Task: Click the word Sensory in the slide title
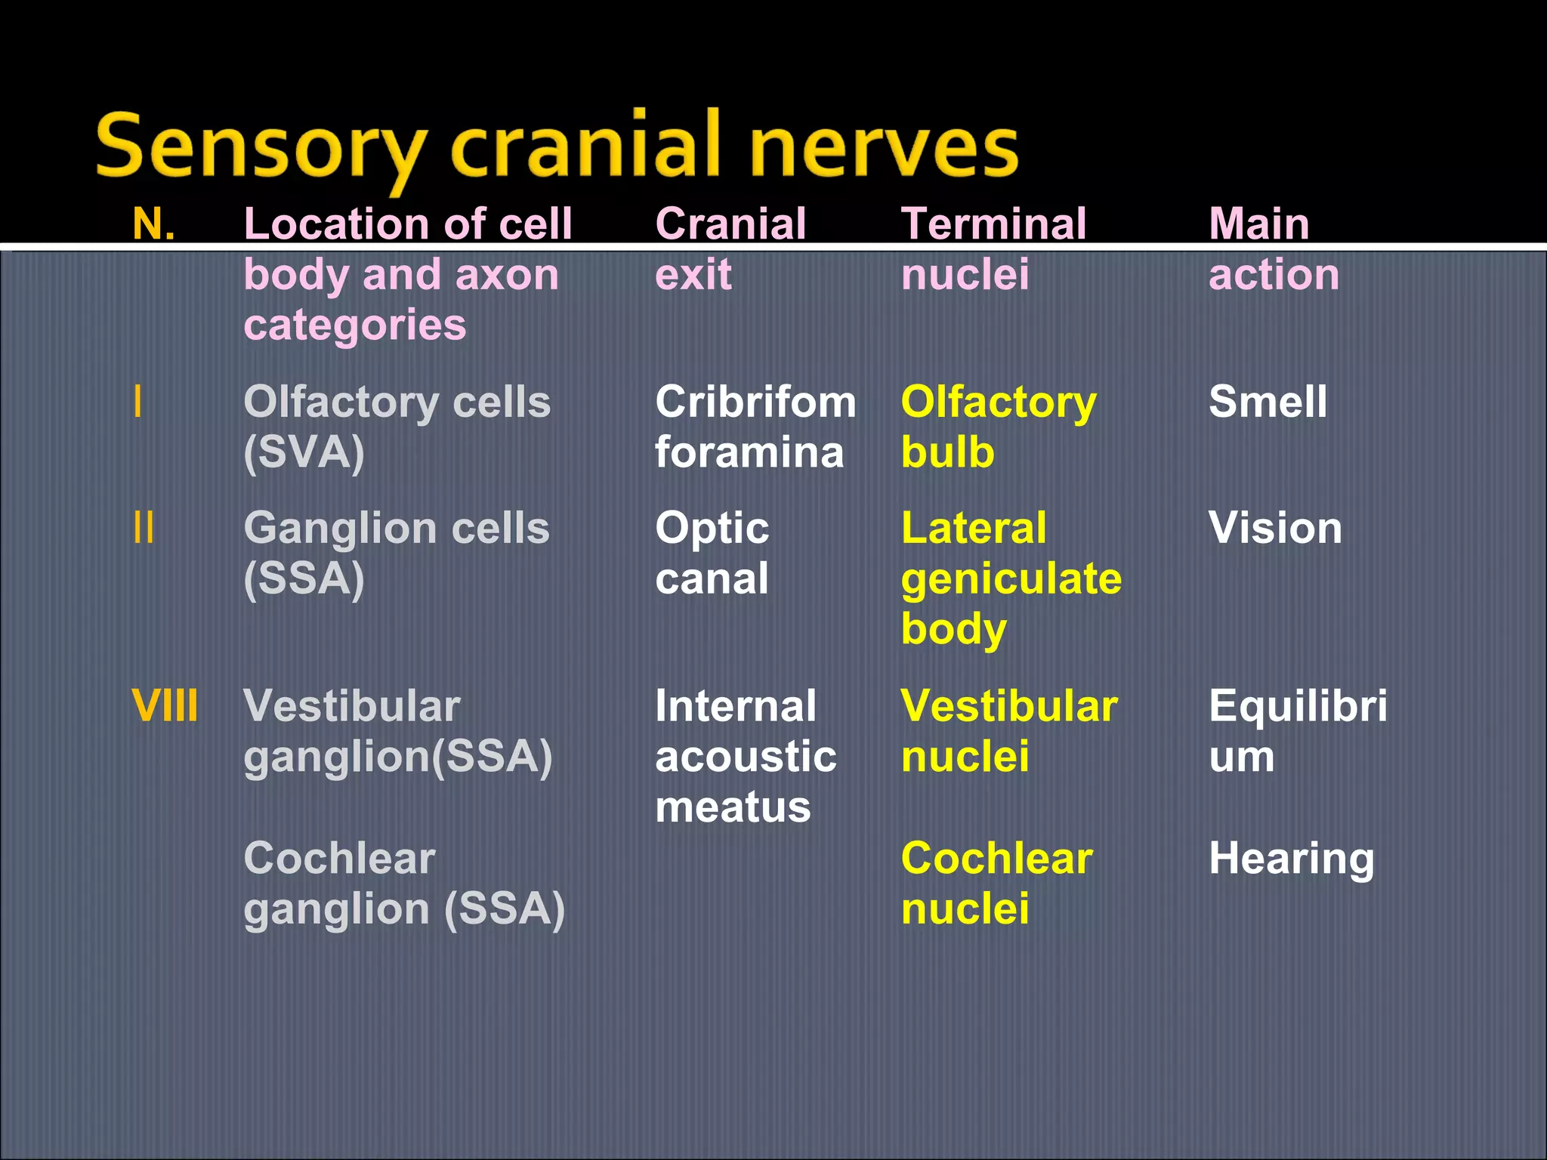pos(261,147)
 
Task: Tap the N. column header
pos(153,224)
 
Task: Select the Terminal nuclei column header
pos(993,249)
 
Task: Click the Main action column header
pos(1273,249)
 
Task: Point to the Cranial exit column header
pos(730,249)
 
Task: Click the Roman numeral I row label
pos(137,402)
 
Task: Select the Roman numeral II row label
pos(144,528)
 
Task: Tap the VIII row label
pos(165,706)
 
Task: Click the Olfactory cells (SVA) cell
pos(397,427)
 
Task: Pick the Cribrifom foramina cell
pos(754,427)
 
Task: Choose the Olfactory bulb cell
pos(997,427)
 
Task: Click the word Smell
pos(1267,402)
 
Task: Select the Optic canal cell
pos(712,553)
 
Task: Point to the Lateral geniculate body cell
pos(1011,578)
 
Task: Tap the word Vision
pos(1274,528)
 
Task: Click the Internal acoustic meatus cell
pos(745,756)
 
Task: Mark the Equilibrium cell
pos(1297,731)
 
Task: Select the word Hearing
pos(1291,859)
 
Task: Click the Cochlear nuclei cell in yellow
pos(996,884)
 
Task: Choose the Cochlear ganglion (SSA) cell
pos(403,884)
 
